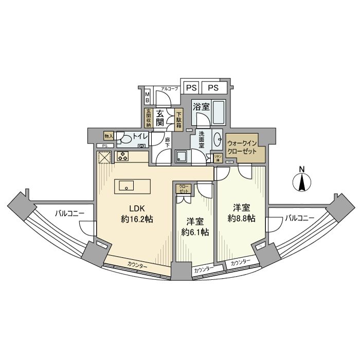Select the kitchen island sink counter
[x=133, y=185]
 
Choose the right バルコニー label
[x=299, y=218]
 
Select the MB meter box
[x=148, y=97]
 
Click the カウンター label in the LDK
[x=137, y=265]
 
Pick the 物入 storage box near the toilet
[x=109, y=136]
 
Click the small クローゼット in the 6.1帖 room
[x=184, y=188]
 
